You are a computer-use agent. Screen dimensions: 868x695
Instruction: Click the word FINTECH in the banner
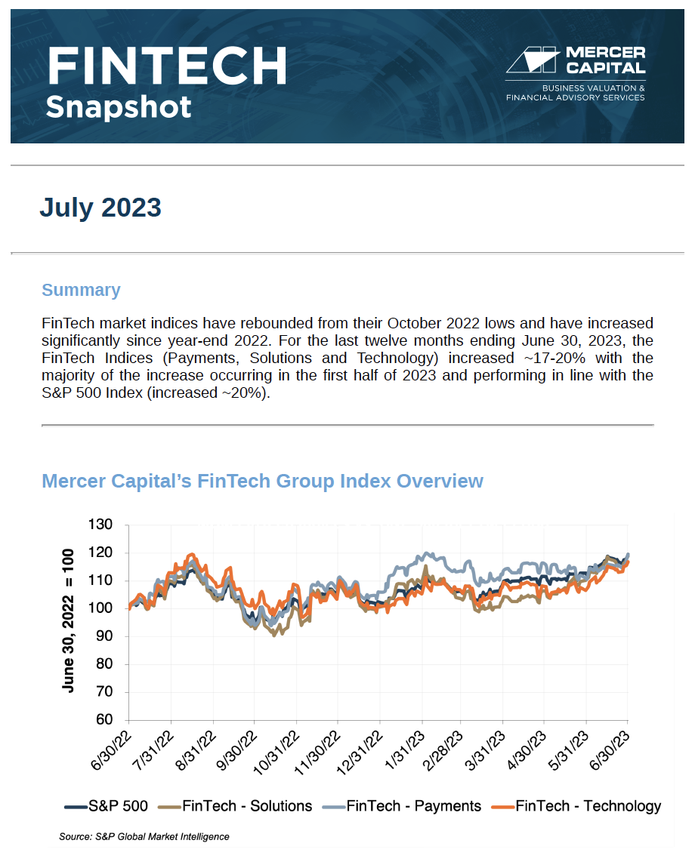(166, 66)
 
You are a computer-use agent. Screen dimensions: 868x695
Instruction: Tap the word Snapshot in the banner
(119, 106)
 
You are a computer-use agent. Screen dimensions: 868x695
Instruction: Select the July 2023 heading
(100, 207)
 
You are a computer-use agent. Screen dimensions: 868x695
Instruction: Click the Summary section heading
(81, 290)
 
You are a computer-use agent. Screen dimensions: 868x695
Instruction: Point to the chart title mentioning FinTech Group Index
(262, 481)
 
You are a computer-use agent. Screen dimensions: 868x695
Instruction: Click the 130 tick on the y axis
(100, 525)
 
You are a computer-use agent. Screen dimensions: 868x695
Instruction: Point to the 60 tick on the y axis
(104, 720)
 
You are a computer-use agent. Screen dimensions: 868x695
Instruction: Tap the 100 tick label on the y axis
(100, 608)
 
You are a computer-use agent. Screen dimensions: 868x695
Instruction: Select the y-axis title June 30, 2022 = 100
(69, 621)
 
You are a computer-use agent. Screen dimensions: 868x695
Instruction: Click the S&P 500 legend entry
(107, 806)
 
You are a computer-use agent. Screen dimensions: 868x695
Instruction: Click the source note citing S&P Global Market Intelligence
(144, 836)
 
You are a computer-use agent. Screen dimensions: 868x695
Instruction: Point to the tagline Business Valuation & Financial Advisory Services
(575, 93)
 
